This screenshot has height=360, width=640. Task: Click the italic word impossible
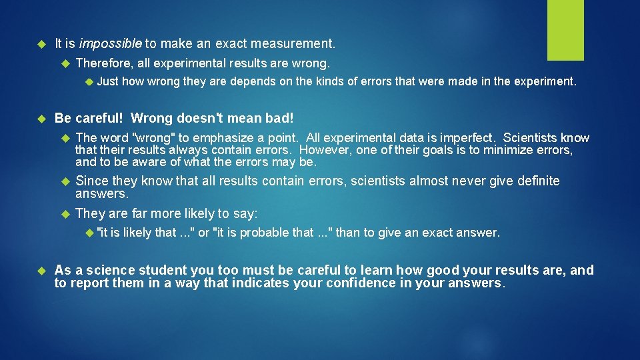click(110, 44)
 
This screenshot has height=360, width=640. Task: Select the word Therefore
click(103, 63)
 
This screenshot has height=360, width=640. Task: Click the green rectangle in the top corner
click(565, 30)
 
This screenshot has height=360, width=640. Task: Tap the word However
click(325, 150)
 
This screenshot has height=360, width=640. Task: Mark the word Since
click(91, 181)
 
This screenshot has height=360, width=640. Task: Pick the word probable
click(265, 233)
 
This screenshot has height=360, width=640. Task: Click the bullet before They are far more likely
click(65, 214)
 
